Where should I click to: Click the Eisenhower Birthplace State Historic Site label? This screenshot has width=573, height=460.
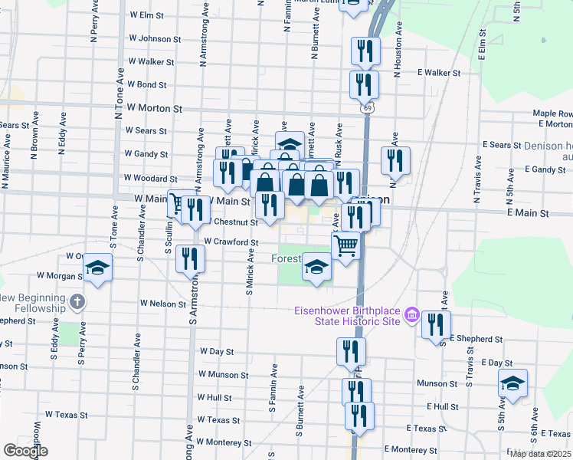click(348, 315)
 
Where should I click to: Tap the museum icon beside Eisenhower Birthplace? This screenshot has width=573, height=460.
click(411, 314)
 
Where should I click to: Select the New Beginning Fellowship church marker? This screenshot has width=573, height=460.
click(76, 301)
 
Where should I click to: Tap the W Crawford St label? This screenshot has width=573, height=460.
click(229, 242)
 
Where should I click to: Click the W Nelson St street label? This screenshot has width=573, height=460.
click(162, 304)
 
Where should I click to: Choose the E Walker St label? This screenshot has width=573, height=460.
click(438, 73)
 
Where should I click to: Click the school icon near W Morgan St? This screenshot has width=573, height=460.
click(97, 268)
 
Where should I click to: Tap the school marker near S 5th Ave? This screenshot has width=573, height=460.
click(512, 384)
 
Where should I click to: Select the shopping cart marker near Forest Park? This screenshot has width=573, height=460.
click(346, 246)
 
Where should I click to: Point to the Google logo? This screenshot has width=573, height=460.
click(25, 451)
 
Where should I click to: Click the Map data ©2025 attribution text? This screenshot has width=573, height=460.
click(540, 454)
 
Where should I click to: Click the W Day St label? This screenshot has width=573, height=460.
click(216, 351)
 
